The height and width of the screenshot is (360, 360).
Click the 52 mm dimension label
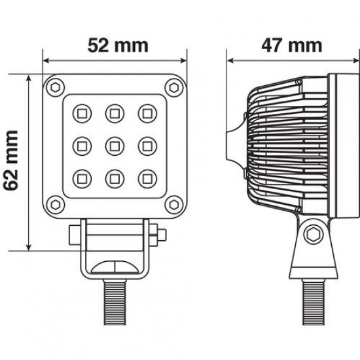pyautogui.click(x=115, y=46)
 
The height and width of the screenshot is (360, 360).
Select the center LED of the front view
pyautogui.click(x=115, y=143)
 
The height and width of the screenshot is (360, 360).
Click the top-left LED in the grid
pyautogui.click(x=83, y=111)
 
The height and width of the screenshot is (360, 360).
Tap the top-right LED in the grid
pyautogui.click(x=146, y=111)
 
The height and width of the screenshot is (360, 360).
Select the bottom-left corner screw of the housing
pyautogui.click(x=56, y=202)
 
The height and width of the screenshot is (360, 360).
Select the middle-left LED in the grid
pyautogui.click(x=83, y=143)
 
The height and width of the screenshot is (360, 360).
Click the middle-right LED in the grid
pyautogui.click(x=146, y=143)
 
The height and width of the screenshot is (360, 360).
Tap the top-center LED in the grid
pyautogui.click(x=115, y=111)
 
